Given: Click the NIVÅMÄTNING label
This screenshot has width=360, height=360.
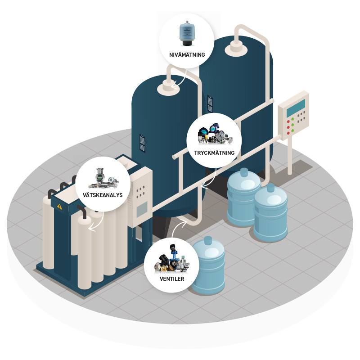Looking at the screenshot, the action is (187, 54).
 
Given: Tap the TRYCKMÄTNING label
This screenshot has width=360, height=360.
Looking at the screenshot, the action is (214, 153).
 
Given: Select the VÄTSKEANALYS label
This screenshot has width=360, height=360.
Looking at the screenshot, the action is (103, 195).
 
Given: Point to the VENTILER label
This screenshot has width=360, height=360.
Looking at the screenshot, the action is (172, 279).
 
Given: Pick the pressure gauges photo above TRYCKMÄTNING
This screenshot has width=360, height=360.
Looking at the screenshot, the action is (215, 134).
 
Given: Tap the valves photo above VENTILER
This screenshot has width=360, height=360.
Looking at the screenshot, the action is (171, 259).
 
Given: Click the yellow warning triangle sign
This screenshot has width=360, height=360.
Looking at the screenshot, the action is (60, 207).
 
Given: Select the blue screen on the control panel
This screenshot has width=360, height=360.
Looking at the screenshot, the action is (296, 108).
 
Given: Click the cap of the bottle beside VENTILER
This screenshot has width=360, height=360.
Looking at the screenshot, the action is (208, 240).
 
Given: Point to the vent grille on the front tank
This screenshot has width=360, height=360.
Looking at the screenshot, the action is (142, 143).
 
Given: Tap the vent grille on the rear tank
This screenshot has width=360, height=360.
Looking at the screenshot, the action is (210, 104).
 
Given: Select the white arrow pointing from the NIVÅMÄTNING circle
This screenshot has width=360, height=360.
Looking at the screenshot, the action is (180, 81).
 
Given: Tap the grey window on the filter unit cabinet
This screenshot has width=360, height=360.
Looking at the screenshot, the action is (142, 209).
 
